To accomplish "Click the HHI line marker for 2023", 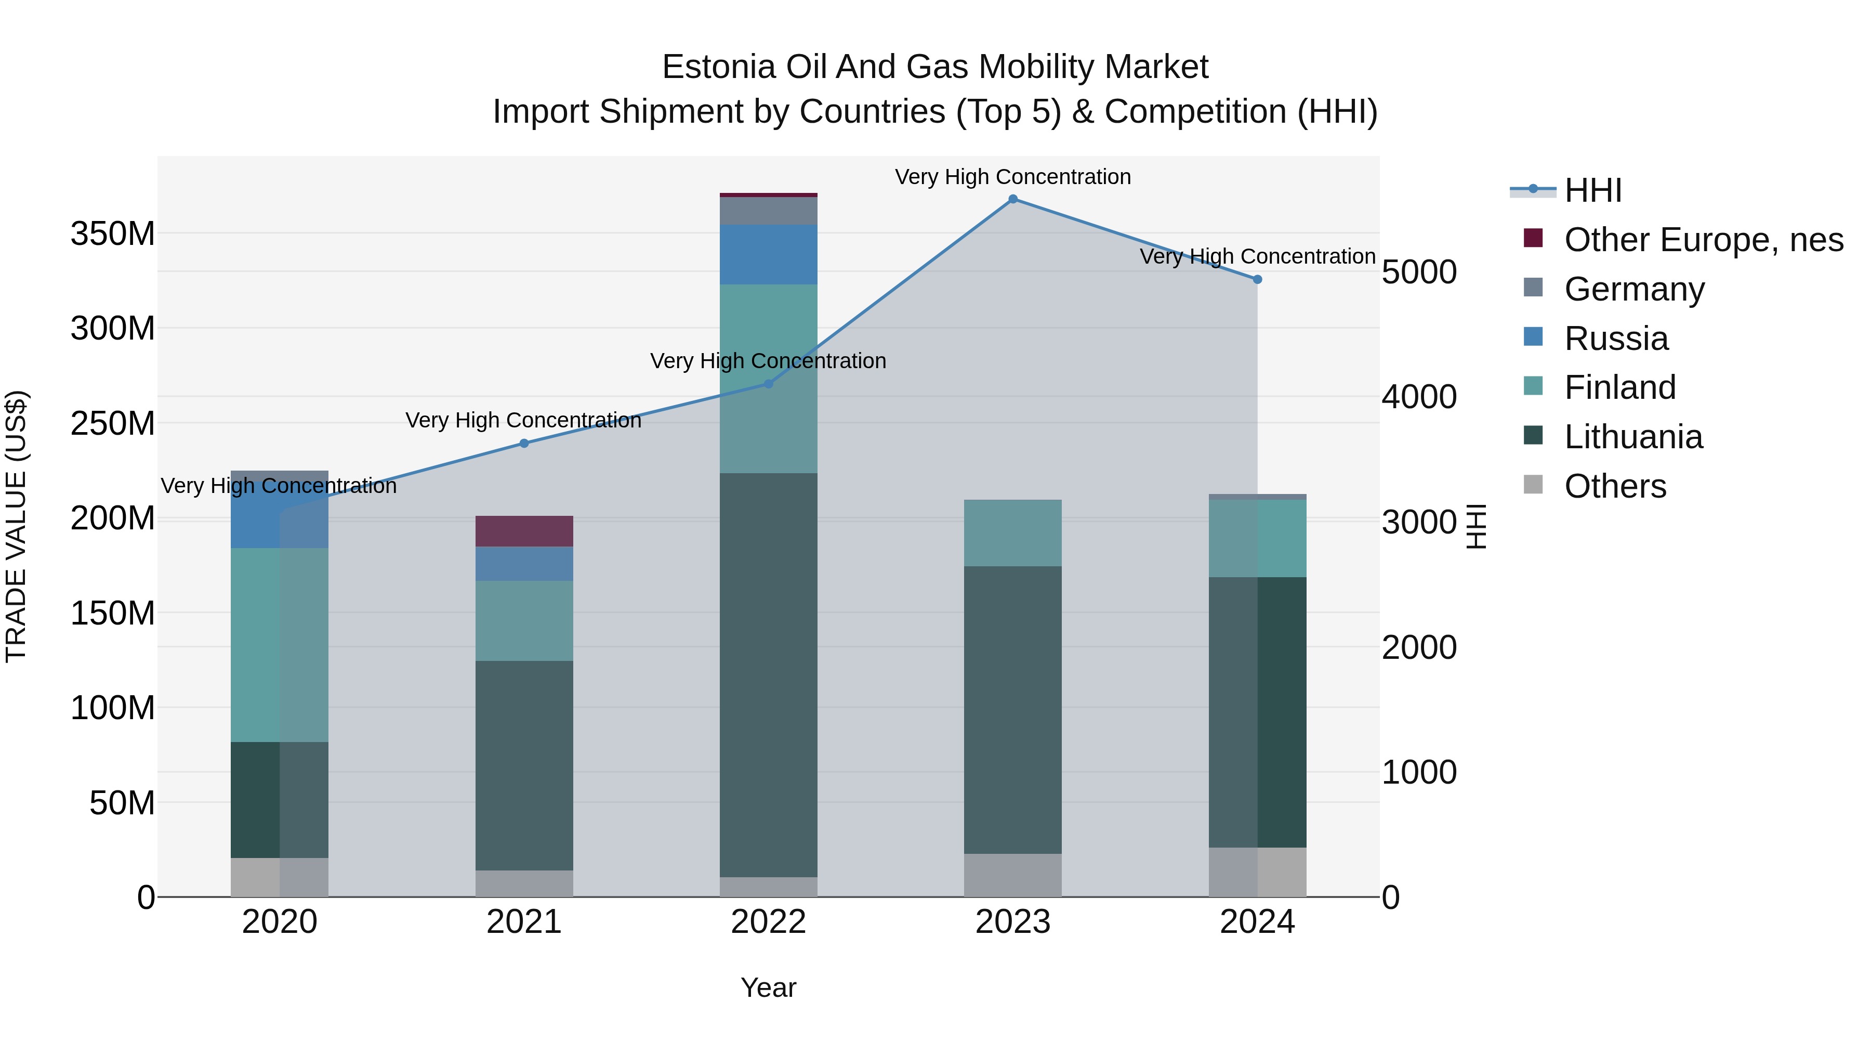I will tap(1012, 199).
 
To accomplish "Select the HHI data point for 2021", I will tap(524, 443).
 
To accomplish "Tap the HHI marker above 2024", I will tap(1257, 279).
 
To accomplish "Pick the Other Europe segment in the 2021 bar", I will tap(524, 531).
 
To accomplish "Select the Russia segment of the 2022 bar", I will tap(769, 254).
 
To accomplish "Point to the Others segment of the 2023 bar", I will tap(1012, 875).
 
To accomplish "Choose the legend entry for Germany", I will tap(1633, 289).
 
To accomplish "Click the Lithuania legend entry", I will tap(1633, 437).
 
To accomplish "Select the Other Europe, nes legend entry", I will tap(1703, 240).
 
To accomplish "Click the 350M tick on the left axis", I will tap(113, 234).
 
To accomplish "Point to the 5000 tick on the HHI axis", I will tap(1418, 272).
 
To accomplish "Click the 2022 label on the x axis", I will tap(769, 922).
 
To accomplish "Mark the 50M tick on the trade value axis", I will tap(122, 803).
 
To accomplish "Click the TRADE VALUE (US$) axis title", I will tap(16, 526).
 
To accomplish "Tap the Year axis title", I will tap(769, 987).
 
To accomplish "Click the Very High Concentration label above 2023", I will tap(1012, 177).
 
